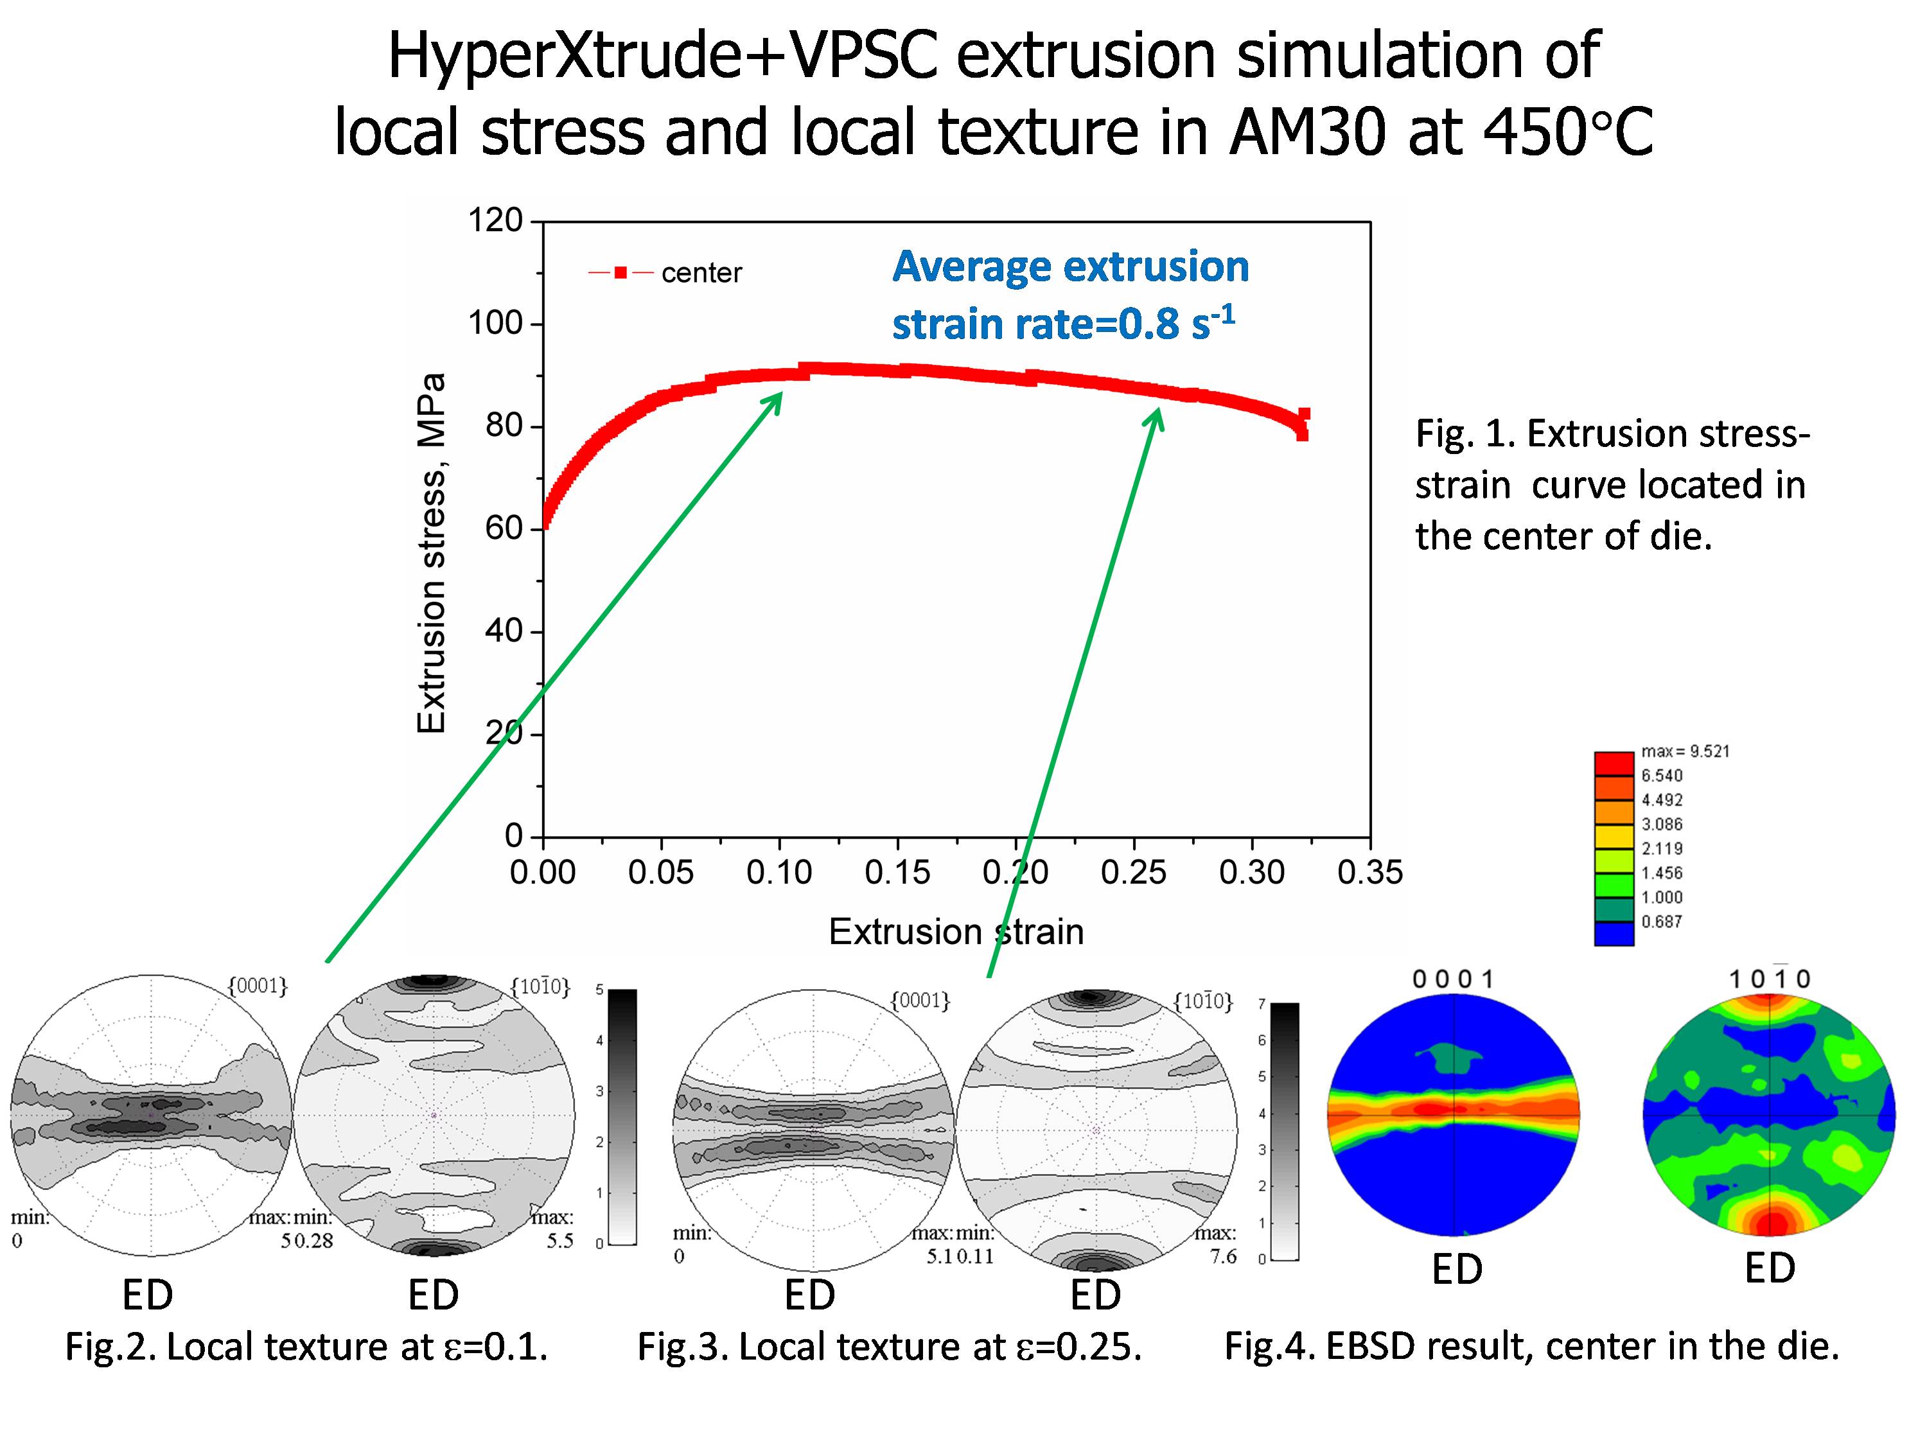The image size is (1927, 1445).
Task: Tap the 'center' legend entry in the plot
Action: tap(701, 274)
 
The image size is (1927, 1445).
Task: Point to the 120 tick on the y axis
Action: tap(495, 220)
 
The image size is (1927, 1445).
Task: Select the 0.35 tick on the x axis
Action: tap(1369, 873)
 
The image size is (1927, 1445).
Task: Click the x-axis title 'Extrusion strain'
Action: tap(956, 932)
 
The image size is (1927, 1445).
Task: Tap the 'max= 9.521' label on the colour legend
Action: tap(1685, 751)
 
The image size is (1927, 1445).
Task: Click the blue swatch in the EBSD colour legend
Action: tap(1614, 934)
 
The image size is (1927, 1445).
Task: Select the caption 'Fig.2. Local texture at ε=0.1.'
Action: tap(306, 1347)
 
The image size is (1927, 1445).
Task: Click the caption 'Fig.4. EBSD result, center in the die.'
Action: tap(1531, 1347)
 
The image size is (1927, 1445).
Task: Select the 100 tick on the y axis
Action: tap(495, 323)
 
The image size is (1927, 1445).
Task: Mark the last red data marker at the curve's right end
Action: tap(1303, 415)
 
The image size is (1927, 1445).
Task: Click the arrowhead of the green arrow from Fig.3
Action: tap(1157, 416)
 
